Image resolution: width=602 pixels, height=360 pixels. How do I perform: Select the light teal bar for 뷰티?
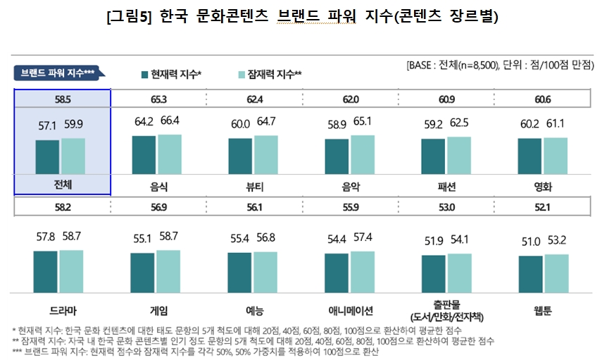[266, 154]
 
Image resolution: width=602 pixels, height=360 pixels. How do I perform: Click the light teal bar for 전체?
[73, 155]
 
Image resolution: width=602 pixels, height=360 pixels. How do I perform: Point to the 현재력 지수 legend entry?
[173, 73]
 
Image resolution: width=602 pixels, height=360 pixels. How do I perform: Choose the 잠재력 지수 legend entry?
[270, 73]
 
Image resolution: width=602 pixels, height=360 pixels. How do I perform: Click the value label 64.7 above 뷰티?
[266, 122]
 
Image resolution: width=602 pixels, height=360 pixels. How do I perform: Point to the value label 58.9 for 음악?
[337, 124]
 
